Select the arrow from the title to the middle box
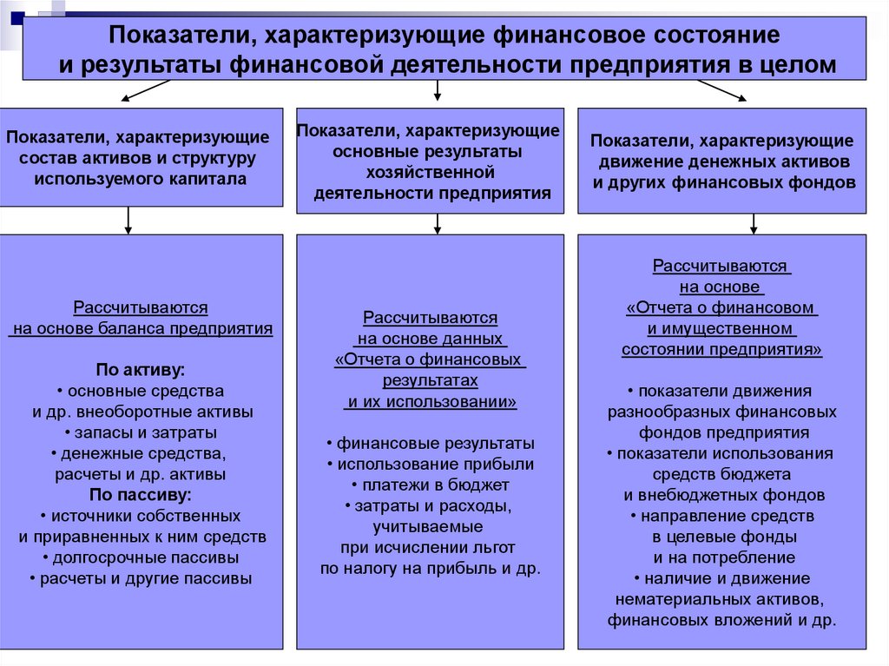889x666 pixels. tap(438, 89)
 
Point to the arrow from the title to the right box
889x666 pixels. tap(720, 90)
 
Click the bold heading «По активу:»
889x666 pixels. tap(140, 368)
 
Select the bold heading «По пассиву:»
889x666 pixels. tap(140, 495)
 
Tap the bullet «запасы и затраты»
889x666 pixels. tap(141, 432)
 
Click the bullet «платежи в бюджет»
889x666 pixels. tap(431, 485)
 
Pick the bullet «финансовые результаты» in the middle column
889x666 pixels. tap(431, 443)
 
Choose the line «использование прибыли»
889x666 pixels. tap(431, 464)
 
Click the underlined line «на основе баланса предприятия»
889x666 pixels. tap(141, 329)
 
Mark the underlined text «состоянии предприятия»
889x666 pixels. tap(721, 349)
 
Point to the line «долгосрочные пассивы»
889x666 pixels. tap(141, 557)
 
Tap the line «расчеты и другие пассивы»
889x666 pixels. tap(141, 578)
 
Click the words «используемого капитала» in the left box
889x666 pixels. tap(141, 179)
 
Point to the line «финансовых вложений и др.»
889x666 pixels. tap(721, 620)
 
